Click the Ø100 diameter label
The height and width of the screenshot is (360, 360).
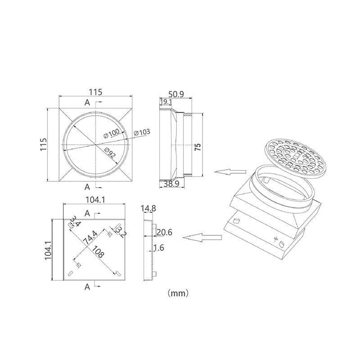[x=112, y=133]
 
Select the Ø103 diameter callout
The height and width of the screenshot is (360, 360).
[x=142, y=132]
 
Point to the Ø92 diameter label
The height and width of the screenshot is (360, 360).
[x=110, y=153]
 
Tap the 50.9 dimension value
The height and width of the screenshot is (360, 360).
[x=176, y=94]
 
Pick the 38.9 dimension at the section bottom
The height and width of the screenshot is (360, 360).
[x=171, y=184]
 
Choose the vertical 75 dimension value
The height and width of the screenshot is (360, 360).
[x=198, y=147]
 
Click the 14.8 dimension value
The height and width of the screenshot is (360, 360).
[x=148, y=208]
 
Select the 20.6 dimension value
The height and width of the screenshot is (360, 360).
[x=164, y=232]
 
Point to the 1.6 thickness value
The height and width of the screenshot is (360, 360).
[x=159, y=248]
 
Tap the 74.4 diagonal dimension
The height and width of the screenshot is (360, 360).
[x=90, y=238]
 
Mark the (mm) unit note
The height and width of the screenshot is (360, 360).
[x=178, y=293]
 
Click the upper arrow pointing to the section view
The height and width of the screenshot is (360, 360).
[x=230, y=172]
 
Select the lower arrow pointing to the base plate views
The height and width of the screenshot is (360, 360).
[x=202, y=237]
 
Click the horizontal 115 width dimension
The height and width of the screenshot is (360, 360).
[x=95, y=92]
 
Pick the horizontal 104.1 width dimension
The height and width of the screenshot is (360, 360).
[x=95, y=200]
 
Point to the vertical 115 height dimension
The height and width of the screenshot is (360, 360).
[x=44, y=144]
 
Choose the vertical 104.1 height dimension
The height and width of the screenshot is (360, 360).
[x=48, y=250]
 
